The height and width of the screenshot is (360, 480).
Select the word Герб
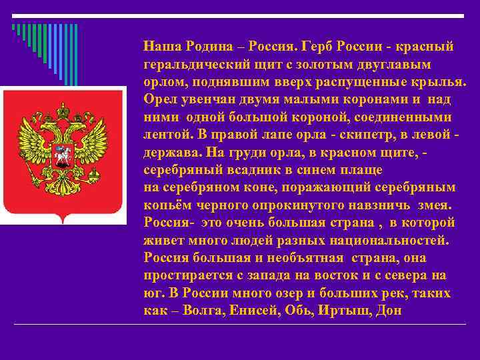click(318, 47)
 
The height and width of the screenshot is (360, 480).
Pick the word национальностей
click(394, 238)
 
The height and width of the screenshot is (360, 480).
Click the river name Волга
click(206, 310)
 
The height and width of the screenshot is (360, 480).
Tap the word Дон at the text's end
click(389, 310)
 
